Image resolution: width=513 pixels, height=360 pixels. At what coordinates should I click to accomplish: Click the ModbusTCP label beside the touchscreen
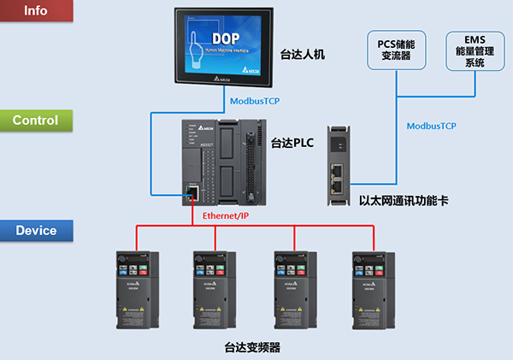tap(255, 100)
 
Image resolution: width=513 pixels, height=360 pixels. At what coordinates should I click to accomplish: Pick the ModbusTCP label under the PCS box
tap(431, 126)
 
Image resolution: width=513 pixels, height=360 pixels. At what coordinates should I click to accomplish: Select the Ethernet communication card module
tap(338, 168)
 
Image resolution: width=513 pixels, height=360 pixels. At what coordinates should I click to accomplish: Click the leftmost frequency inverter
tap(138, 290)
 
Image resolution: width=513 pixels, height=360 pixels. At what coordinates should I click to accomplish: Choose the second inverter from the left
tap(215, 290)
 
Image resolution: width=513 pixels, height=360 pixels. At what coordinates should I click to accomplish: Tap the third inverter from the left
tap(295, 290)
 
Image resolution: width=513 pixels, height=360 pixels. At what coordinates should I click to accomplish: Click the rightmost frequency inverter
tap(374, 290)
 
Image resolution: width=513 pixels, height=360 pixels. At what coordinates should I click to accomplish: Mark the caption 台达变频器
tap(252, 347)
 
